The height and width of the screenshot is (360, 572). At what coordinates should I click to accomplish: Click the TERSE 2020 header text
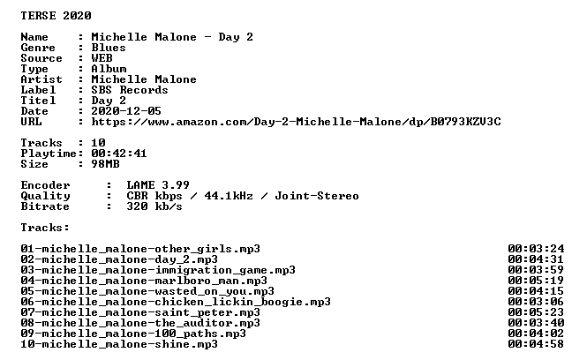coord(56,16)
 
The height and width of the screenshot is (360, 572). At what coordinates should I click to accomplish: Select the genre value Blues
coord(109,48)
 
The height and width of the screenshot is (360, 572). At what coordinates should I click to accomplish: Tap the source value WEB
coord(102,58)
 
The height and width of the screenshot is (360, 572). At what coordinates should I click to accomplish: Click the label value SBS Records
coord(130,90)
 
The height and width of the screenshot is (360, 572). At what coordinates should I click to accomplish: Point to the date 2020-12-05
coord(126,111)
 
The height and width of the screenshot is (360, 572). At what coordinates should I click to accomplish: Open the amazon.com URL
coord(297,122)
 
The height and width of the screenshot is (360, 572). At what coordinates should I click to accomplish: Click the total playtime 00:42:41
coord(119,154)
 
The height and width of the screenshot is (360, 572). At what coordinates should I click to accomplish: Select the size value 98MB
coord(105,164)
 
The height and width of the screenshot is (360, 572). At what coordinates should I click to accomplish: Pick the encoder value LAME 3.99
coord(158,185)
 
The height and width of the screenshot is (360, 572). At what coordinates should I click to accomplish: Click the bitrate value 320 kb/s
coord(154,206)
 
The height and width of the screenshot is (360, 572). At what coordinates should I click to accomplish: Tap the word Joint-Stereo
coord(317,196)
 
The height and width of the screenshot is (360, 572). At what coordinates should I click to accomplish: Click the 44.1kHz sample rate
coord(229,196)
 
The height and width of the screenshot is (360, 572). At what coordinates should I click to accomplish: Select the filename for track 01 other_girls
coord(140,249)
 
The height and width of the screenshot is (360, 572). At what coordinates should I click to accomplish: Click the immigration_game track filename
coord(158,270)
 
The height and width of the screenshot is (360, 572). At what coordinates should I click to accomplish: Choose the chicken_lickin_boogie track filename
coord(176,302)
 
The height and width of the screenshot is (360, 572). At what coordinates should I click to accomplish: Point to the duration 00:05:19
coord(536,281)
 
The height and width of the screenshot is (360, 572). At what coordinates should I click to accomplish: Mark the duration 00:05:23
coord(536,312)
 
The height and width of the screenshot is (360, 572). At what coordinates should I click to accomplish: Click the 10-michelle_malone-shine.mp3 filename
coord(119,344)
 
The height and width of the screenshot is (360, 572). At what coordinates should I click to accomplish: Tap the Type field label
coord(34,69)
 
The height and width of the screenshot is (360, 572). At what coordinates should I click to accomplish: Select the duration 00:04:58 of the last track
coord(536,344)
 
